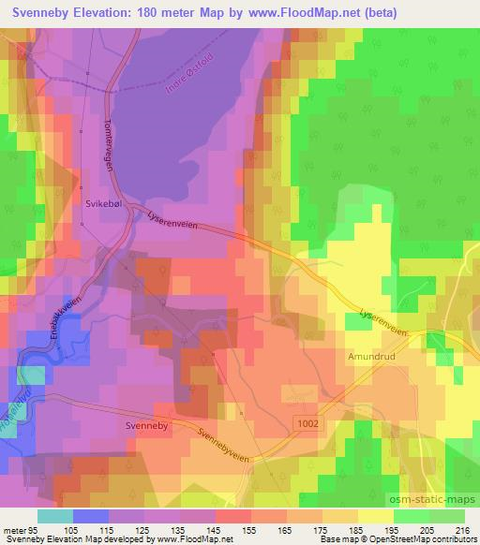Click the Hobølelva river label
point(13,405)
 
